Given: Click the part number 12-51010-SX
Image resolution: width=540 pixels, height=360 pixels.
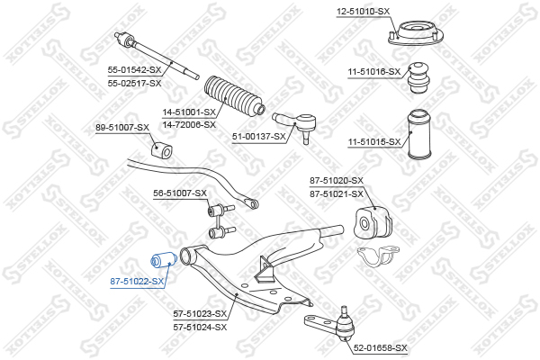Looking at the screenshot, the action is pos(363,12).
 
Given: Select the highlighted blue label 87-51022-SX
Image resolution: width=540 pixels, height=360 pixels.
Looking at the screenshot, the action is pos(137,282).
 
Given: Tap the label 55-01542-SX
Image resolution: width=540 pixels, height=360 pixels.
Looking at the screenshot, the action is pos(134,70).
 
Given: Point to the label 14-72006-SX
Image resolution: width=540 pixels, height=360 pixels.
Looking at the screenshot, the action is pos(189,124).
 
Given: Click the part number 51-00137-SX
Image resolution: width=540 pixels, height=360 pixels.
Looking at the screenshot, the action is pos(259,137).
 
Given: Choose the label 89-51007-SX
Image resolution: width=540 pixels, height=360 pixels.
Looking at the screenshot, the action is pos(122,128).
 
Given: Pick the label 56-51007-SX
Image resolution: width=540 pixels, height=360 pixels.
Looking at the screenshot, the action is pos(180,193).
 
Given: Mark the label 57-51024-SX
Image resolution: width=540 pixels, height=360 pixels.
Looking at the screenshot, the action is pos(200,327).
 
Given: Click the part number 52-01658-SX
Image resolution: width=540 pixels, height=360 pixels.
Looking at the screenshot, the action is pos(380,348).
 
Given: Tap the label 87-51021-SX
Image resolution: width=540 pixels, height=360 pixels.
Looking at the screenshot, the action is pos(337,194).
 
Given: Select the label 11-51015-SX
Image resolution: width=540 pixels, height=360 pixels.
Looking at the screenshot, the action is pos(374,142).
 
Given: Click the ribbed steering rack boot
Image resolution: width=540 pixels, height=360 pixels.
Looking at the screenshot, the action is pos(235,95).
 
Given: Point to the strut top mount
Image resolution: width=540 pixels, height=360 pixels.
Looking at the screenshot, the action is pos(416,33).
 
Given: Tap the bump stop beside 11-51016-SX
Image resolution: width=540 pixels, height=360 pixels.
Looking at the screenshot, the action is pos(418,78).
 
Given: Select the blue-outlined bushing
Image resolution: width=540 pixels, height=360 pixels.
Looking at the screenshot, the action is pos(164,261).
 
